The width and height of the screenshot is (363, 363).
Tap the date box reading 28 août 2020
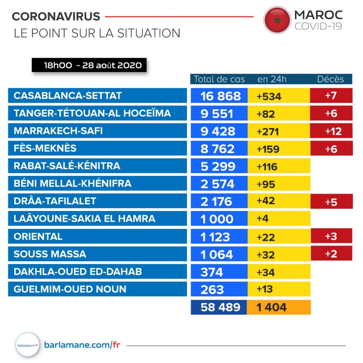coord(89,66)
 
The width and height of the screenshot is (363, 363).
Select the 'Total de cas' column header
coord(219,79)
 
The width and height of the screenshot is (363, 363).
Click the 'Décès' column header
coord(330,79)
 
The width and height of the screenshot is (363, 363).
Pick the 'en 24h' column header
coord(272,79)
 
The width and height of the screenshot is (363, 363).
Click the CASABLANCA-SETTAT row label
coord(97,96)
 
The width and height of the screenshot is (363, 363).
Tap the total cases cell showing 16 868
coord(219,96)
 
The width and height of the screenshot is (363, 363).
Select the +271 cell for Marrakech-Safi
coord(279,131)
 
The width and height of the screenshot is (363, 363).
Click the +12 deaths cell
coord(331,131)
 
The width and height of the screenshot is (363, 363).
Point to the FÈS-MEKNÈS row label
coord(97,149)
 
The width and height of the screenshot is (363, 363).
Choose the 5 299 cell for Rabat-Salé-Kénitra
coord(219,166)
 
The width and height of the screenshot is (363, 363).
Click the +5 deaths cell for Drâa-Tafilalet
coord(331,201)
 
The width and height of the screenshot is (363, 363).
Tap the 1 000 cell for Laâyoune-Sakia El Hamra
coord(219,219)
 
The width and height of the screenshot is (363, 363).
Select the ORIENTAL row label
coord(97,236)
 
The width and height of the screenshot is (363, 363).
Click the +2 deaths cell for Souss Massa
coord(331,254)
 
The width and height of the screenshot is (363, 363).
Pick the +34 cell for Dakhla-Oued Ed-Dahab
coord(279,272)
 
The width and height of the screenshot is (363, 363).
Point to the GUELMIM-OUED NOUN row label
coord(97,289)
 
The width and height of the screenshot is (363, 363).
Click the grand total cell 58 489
coord(219,307)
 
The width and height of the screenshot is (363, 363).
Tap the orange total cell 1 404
coord(279,307)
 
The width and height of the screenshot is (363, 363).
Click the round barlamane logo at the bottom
coord(27,344)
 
